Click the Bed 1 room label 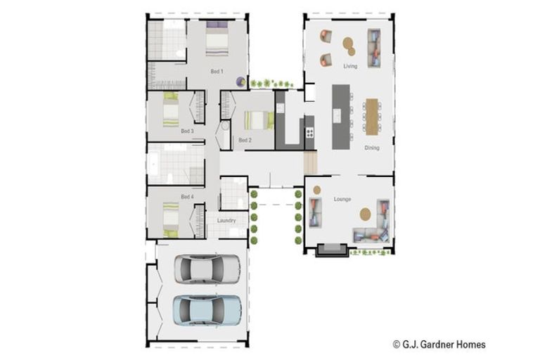point(217,71)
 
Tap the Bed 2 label point(245,140)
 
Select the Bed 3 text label point(187,131)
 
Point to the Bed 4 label point(187,197)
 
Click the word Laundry point(226,221)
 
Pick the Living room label point(350,66)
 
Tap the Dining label point(372,148)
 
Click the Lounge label point(342,199)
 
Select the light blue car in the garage point(207,310)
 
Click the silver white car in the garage point(207,269)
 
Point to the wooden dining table point(372,117)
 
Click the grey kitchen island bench point(341,117)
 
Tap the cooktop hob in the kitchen point(309,133)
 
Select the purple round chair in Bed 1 point(240,82)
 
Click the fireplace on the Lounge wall point(332,250)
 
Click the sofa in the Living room point(374,49)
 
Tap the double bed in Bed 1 point(217,39)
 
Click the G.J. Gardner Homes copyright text point(439,344)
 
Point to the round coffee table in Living point(349,46)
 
